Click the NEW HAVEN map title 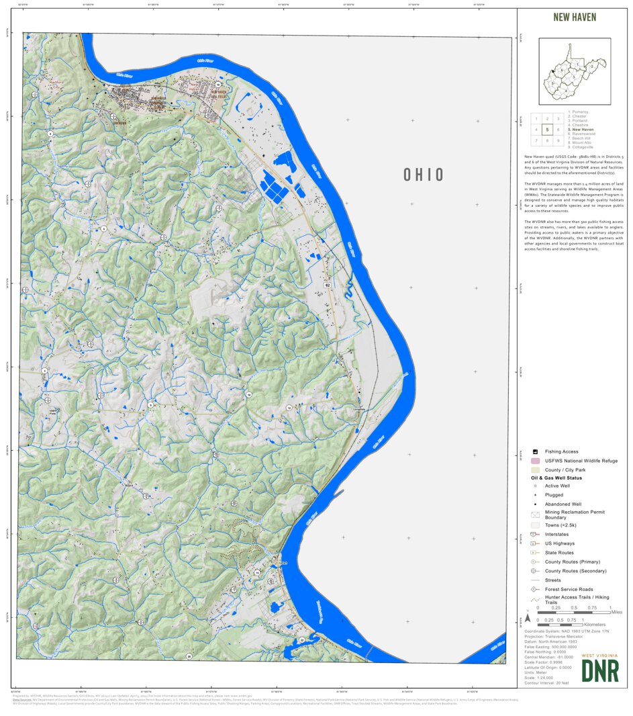click(575, 17)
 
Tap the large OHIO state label click(424, 175)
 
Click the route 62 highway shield click(328, 285)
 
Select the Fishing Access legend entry click(561, 451)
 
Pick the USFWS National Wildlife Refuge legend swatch click(536, 461)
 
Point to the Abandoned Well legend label click(563, 504)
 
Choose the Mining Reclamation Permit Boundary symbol click(536, 514)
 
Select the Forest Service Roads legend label click(569, 589)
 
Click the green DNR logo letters click(600, 670)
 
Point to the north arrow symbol click(528, 616)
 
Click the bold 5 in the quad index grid click(548, 130)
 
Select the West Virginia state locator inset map click(575, 71)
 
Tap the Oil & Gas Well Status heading click(556, 478)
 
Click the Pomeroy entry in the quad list click(579, 111)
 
